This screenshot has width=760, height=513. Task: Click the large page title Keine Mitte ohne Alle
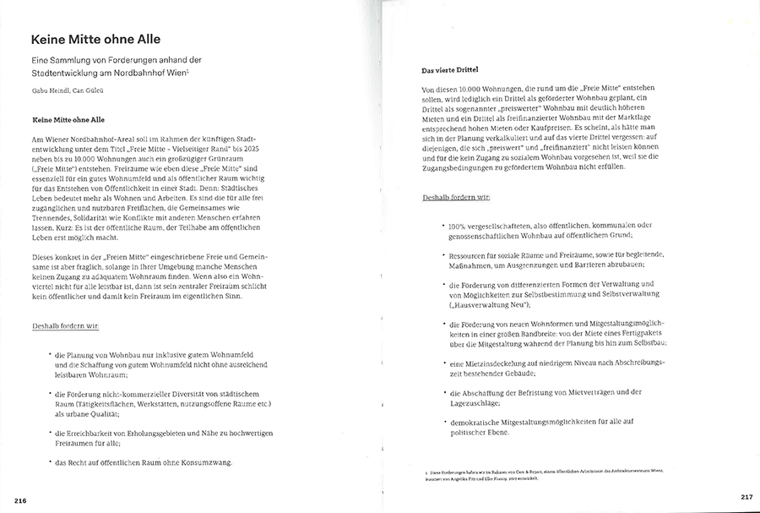95,40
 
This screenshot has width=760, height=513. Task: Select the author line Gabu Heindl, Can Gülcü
68,90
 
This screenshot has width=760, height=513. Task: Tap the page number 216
20,501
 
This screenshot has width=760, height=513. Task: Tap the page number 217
746,496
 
